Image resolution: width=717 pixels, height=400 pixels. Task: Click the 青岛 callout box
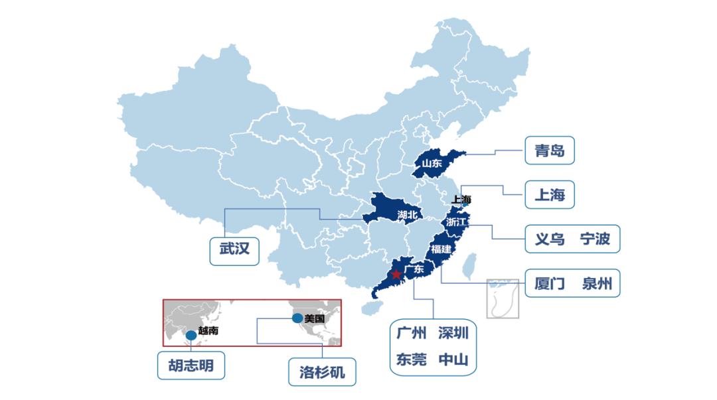click(x=549, y=151)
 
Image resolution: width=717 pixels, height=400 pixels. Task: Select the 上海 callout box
click(x=549, y=195)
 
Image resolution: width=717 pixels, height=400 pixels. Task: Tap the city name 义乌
click(x=549, y=239)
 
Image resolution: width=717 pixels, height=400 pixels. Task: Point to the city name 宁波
click(x=594, y=239)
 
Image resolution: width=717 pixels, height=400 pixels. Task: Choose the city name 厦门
click(x=549, y=284)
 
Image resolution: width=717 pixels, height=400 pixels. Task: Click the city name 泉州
click(x=596, y=284)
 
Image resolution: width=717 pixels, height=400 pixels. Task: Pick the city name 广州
click(x=411, y=332)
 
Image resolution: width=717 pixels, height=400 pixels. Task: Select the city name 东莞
click(x=411, y=360)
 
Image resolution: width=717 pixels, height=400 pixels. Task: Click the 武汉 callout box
click(x=234, y=249)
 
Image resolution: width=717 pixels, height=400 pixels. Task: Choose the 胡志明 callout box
click(x=191, y=366)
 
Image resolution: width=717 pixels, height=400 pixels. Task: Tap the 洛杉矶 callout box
click(x=322, y=372)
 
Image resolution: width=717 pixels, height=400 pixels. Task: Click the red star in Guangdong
click(x=396, y=274)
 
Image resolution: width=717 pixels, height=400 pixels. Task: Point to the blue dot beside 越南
click(x=191, y=335)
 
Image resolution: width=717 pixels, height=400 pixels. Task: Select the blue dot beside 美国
click(x=297, y=318)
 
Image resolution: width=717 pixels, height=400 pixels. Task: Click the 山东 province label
click(x=432, y=163)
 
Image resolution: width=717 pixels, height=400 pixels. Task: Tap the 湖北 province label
click(x=408, y=214)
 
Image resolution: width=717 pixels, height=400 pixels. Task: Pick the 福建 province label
click(x=441, y=249)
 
